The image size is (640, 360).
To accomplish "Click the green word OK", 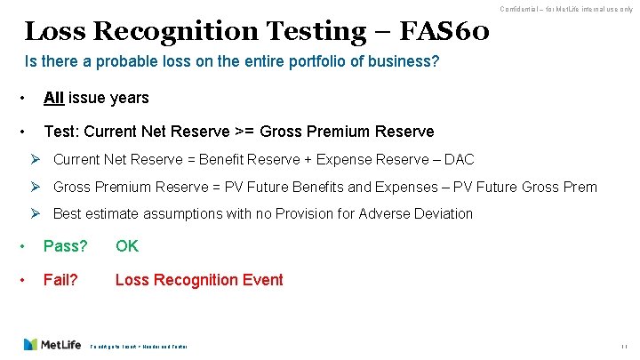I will point(127,246).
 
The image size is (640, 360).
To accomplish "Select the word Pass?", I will point(66,246).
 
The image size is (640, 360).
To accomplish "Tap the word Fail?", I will point(60,280).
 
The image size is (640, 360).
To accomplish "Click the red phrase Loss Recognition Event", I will point(199,280).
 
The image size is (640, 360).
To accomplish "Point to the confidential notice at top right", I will point(566,9).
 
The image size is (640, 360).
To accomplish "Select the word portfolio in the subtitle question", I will point(273,64).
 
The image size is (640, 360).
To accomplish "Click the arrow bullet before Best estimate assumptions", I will point(36,213).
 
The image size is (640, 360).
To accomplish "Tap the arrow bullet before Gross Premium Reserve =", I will point(36,187).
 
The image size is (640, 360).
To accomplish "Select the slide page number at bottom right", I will point(625,345).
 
